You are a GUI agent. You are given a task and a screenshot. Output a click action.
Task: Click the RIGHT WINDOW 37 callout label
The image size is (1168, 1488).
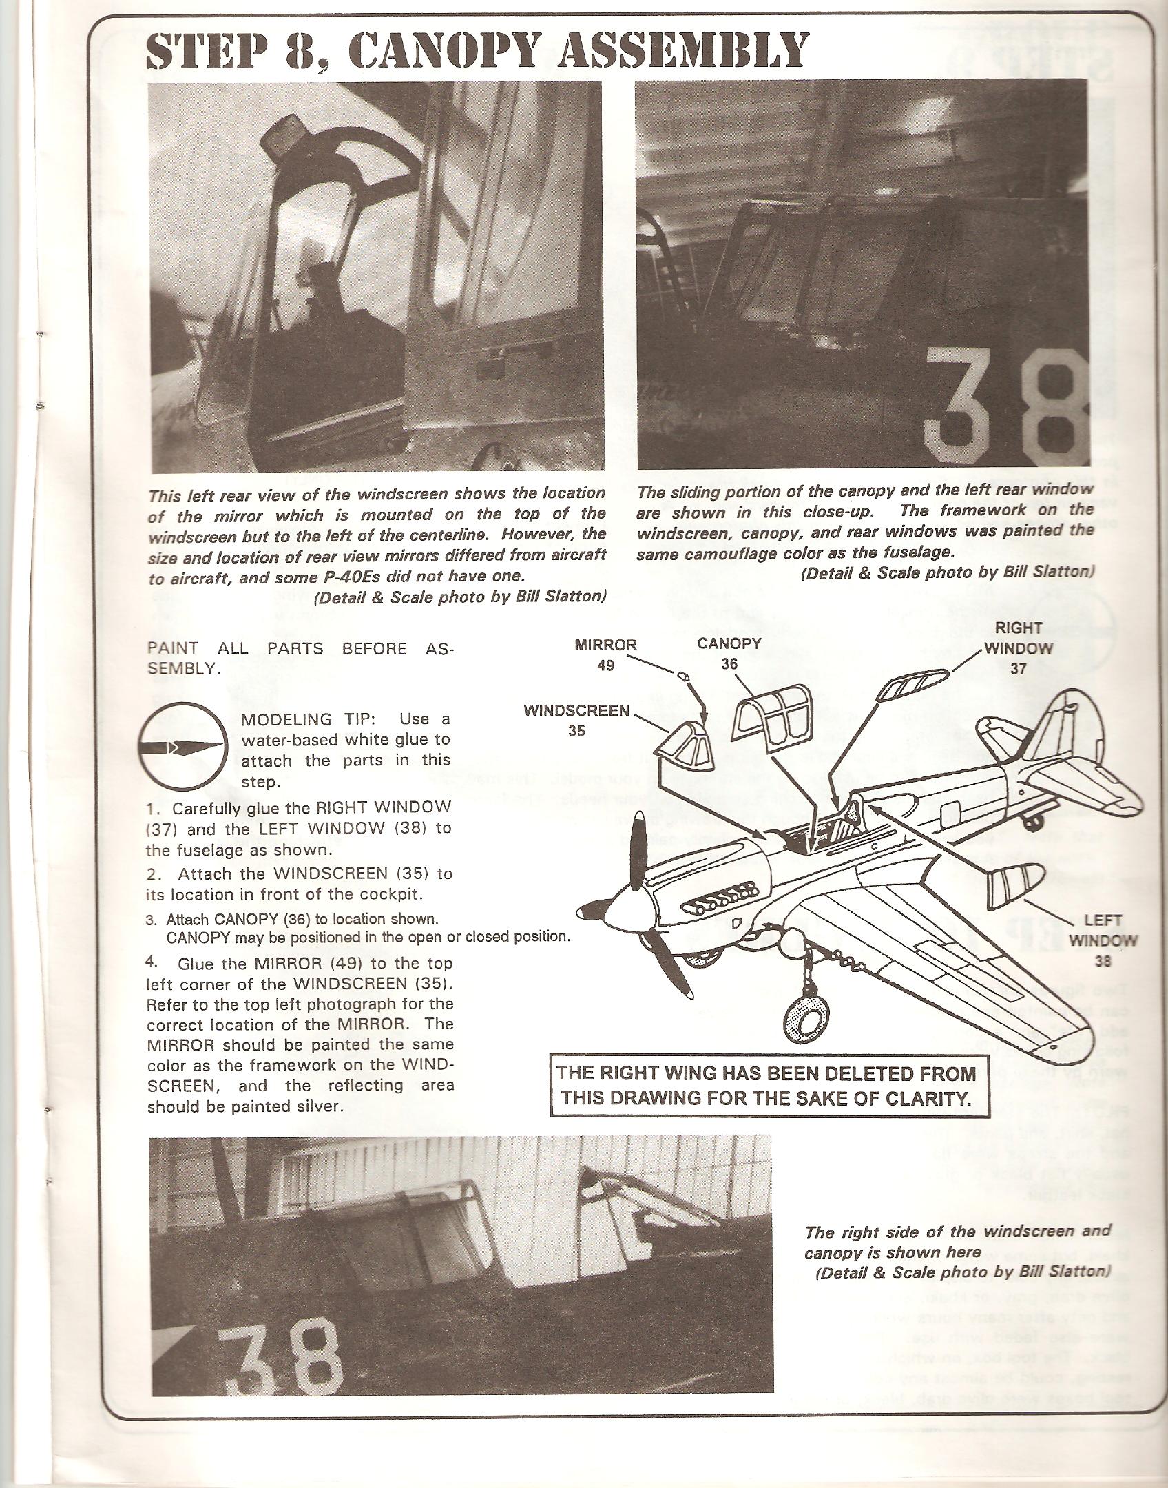[x=1018, y=648]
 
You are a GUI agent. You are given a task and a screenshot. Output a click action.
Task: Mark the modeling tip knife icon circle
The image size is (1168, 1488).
[x=184, y=746]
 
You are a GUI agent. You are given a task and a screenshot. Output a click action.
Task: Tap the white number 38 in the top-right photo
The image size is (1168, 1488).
[x=1003, y=408]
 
